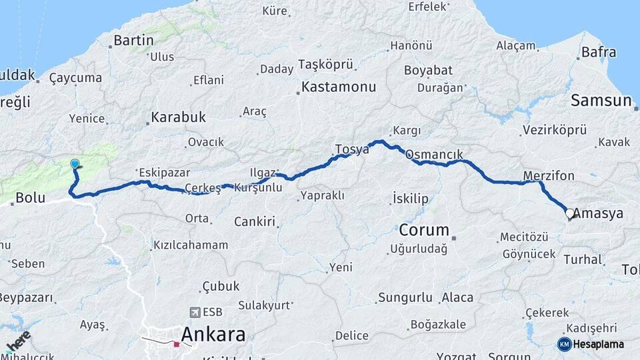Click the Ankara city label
point(213,334)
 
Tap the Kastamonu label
point(339,87)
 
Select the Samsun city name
point(601,101)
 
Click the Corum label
point(424,230)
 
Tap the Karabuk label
point(178,117)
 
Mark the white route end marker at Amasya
point(569,214)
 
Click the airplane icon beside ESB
point(195,311)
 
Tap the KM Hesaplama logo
point(591,344)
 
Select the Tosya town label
point(351,149)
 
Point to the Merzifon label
point(549,175)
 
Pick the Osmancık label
point(434,155)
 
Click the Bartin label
point(133,40)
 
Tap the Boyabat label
point(428,70)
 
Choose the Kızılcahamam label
point(191,245)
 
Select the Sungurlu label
point(405,297)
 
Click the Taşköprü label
point(325,64)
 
